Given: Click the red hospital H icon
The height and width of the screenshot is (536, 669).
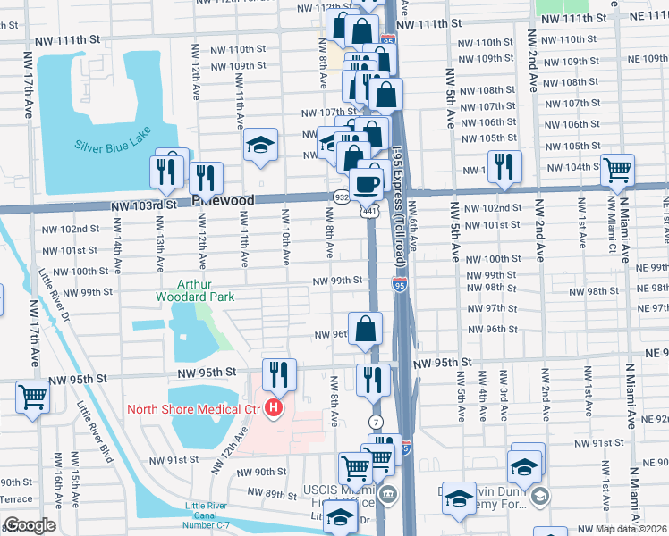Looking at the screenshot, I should (274, 410).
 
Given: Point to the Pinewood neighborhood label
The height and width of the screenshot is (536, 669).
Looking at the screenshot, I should (223, 201).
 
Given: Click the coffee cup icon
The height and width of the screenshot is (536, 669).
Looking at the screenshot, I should (366, 184).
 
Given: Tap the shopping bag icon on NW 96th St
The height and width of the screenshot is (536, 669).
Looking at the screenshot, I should (366, 329).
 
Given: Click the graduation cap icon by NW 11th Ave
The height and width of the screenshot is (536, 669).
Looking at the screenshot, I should (259, 146).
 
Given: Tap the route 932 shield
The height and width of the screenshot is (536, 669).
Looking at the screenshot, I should (342, 197).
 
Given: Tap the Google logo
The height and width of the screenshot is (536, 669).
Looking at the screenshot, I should (30, 525).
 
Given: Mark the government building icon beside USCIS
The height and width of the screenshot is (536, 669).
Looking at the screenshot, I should (387, 494).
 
